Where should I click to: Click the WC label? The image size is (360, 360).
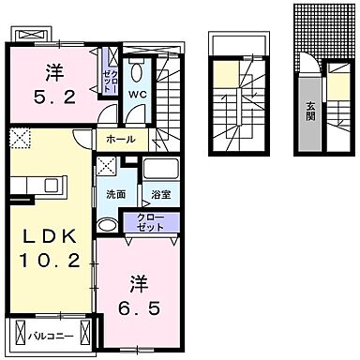tap(136, 95)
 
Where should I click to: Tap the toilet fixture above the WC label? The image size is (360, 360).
tap(137, 70)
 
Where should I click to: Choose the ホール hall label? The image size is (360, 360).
tap(121, 140)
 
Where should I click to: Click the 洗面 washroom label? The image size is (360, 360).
tap(115, 195)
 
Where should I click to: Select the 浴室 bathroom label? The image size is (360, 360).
tap(159, 195)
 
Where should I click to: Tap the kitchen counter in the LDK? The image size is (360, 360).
tap(21, 184)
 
